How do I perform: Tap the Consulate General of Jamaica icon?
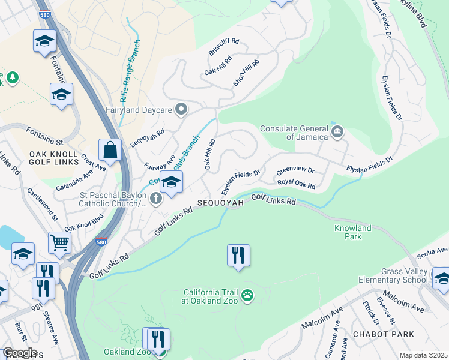[337, 131]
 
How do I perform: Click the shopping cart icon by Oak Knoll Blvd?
[59, 242]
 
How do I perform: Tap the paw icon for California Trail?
[247, 295]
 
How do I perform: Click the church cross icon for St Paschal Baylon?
[156, 199]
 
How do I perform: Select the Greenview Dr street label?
[295, 172]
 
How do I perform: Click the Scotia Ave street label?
[433, 252]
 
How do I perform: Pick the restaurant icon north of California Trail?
[238, 256]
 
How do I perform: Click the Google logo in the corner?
[19, 353]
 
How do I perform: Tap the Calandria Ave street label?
[75, 180]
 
